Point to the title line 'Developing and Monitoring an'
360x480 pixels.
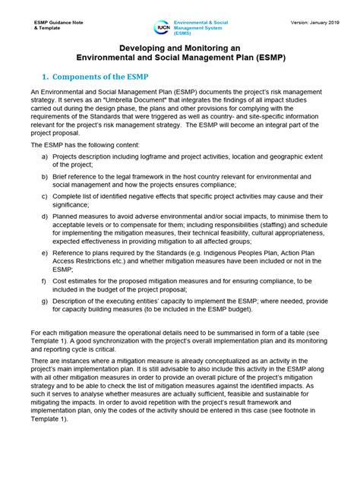178,46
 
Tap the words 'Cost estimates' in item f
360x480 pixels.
76,280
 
